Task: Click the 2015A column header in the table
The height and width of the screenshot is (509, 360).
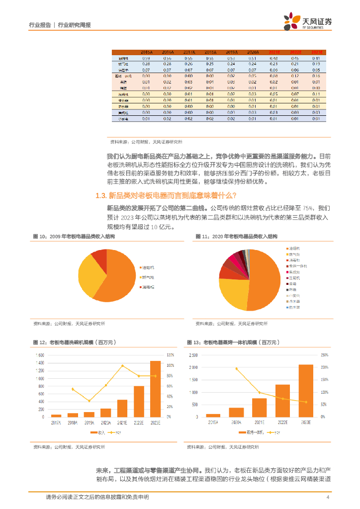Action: (x=146, y=52)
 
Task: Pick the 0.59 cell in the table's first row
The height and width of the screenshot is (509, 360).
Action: (x=146, y=58)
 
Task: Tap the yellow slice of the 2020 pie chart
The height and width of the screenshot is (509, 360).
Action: (x=234, y=294)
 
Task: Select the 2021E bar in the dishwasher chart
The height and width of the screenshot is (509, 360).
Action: (x=122, y=408)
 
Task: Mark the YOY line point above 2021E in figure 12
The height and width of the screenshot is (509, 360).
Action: (x=122, y=366)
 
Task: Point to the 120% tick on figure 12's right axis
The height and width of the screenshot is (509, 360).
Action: (x=170, y=355)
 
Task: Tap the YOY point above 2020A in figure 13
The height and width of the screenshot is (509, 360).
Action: (x=236, y=368)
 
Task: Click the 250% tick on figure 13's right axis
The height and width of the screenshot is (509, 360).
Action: (x=324, y=355)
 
